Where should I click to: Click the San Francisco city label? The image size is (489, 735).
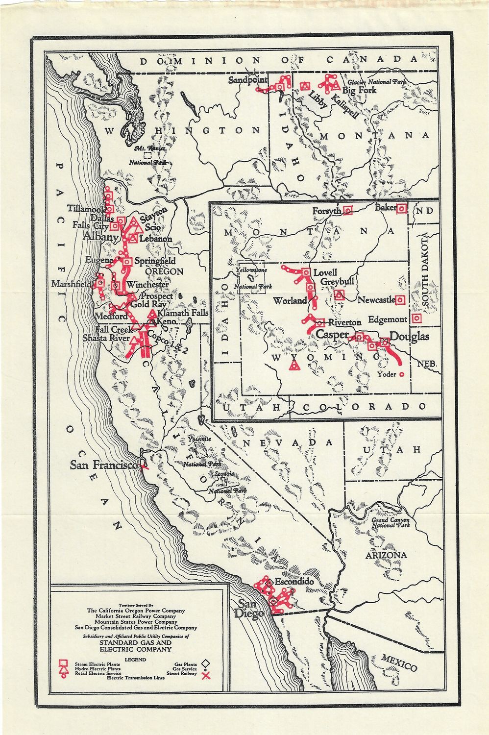pos(104,465)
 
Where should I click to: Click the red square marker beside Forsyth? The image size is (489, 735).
pos(348,211)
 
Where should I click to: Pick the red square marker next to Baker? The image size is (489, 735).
pos(401,208)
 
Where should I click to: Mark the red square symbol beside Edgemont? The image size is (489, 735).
pos(417,318)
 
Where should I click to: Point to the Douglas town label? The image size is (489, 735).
pos(409,336)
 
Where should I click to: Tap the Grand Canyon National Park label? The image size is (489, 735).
pos(390,522)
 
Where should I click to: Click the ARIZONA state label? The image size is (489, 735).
pos(386,555)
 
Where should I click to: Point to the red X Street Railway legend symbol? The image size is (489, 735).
pos(206,677)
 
